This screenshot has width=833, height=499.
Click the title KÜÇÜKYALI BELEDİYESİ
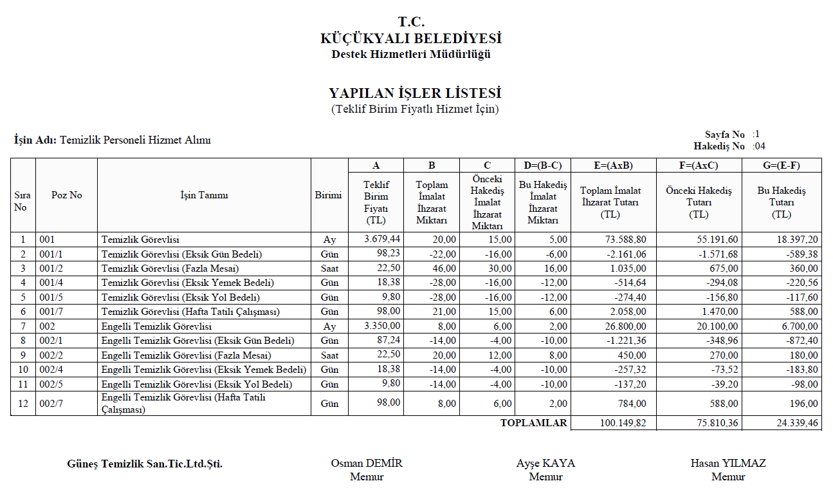tap(411, 39)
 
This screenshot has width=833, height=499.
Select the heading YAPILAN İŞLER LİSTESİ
tap(415, 94)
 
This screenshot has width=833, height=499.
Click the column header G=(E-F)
tap(782, 165)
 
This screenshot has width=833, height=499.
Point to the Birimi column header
tap(328, 195)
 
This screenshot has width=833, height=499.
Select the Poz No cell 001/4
tap(52, 283)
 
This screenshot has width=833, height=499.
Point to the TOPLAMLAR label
tap(534, 423)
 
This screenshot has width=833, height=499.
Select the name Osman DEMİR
tap(367, 463)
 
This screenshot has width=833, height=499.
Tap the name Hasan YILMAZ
tap(728, 463)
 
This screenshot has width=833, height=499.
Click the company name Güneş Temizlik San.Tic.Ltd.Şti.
tap(145, 464)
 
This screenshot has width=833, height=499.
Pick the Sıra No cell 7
tap(23, 326)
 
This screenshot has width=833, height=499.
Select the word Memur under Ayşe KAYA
tap(545, 477)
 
